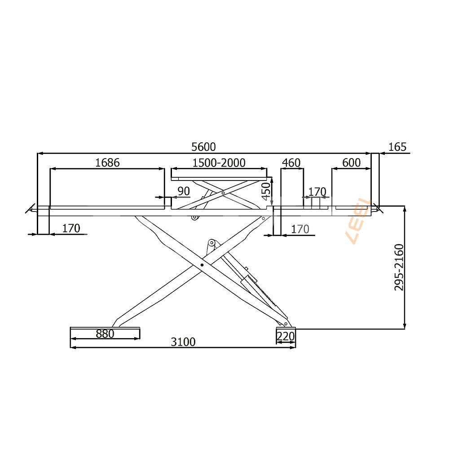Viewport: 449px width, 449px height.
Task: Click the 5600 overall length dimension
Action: tap(203, 147)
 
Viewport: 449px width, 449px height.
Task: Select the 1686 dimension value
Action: tap(107, 163)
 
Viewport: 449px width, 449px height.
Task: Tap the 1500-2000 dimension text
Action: tap(219, 163)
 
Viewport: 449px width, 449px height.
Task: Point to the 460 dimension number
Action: tap(291, 163)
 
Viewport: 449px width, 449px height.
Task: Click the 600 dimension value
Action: tap(352, 163)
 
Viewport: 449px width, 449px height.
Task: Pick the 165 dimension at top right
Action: tap(397, 147)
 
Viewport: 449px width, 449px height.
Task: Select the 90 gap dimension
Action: tap(184, 191)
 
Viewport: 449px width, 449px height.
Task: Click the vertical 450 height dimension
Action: tap(266, 192)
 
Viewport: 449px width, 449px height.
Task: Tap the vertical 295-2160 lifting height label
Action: tap(399, 267)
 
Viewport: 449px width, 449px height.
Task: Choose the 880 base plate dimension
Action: tap(105, 334)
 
